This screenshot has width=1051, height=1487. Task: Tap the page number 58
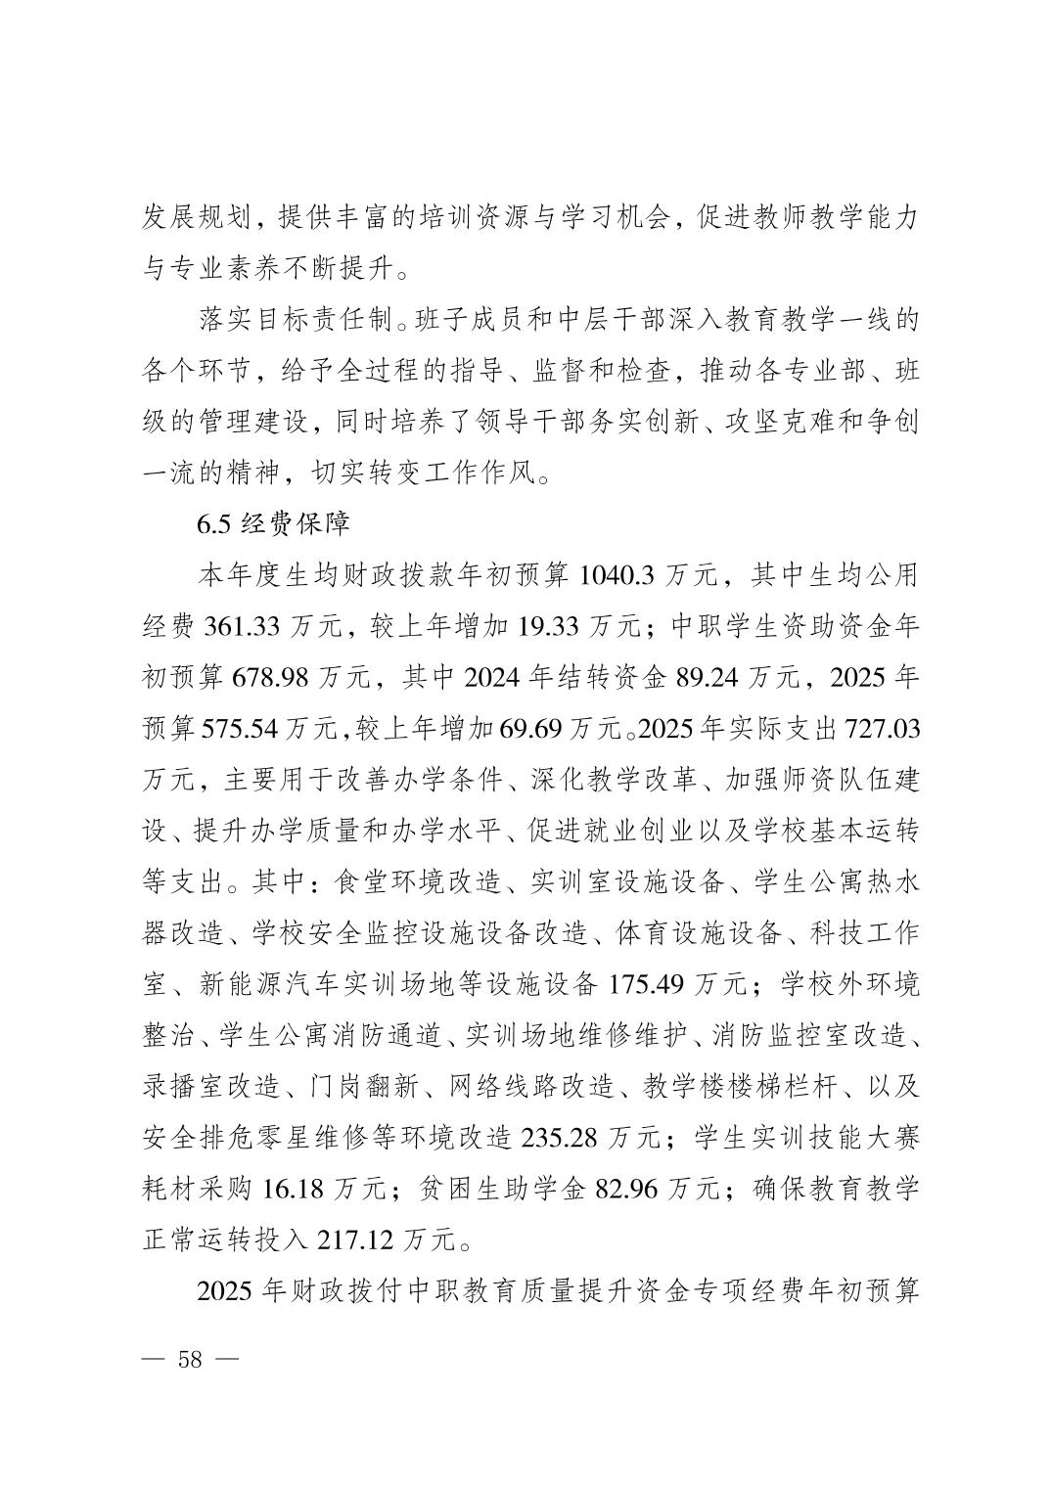point(189,1359)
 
